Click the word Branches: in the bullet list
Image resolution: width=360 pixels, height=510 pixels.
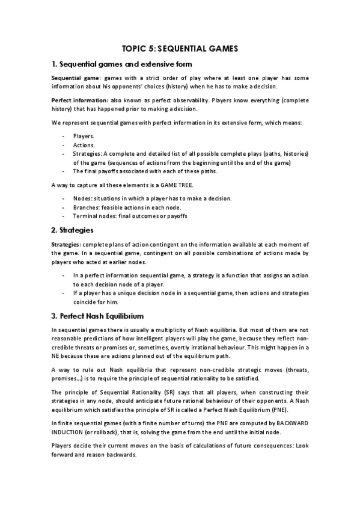(87, 207)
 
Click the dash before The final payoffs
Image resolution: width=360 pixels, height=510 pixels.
(64, 171)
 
